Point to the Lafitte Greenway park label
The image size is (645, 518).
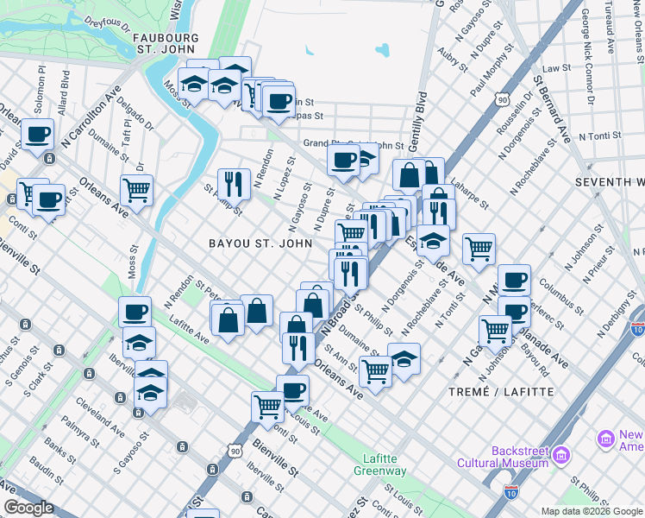click(379, 465)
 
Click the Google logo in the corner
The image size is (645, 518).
click(28, 508)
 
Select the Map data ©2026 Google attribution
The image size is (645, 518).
click(591, 511)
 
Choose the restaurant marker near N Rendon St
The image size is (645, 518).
click(233, 182)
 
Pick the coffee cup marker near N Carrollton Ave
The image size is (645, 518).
click(38, 135)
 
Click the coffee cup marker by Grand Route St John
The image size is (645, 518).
click(343, 160)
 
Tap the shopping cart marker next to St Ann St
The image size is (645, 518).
click(374, 371)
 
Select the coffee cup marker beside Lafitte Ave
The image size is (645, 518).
click(135, 312)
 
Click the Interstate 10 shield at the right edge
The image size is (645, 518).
click(636, 329)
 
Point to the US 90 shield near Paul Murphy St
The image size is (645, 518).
click(502, 100)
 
